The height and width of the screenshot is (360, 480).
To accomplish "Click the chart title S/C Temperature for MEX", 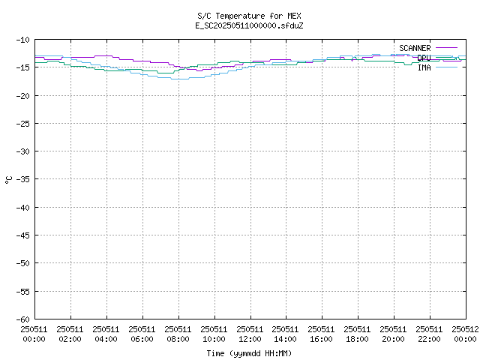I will (249, 16).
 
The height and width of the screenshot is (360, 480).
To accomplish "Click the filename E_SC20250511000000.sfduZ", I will (249, 25).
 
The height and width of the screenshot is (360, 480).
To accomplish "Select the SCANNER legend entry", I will (415, 48).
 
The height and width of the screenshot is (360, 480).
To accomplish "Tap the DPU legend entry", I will (424, 58).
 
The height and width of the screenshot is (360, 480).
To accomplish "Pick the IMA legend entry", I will (424, 67).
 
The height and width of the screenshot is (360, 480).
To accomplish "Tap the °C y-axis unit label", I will (8, 179).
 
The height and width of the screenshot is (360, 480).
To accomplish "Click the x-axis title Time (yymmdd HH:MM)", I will (249, 353).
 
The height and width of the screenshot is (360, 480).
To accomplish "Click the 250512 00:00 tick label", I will (464, 334).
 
